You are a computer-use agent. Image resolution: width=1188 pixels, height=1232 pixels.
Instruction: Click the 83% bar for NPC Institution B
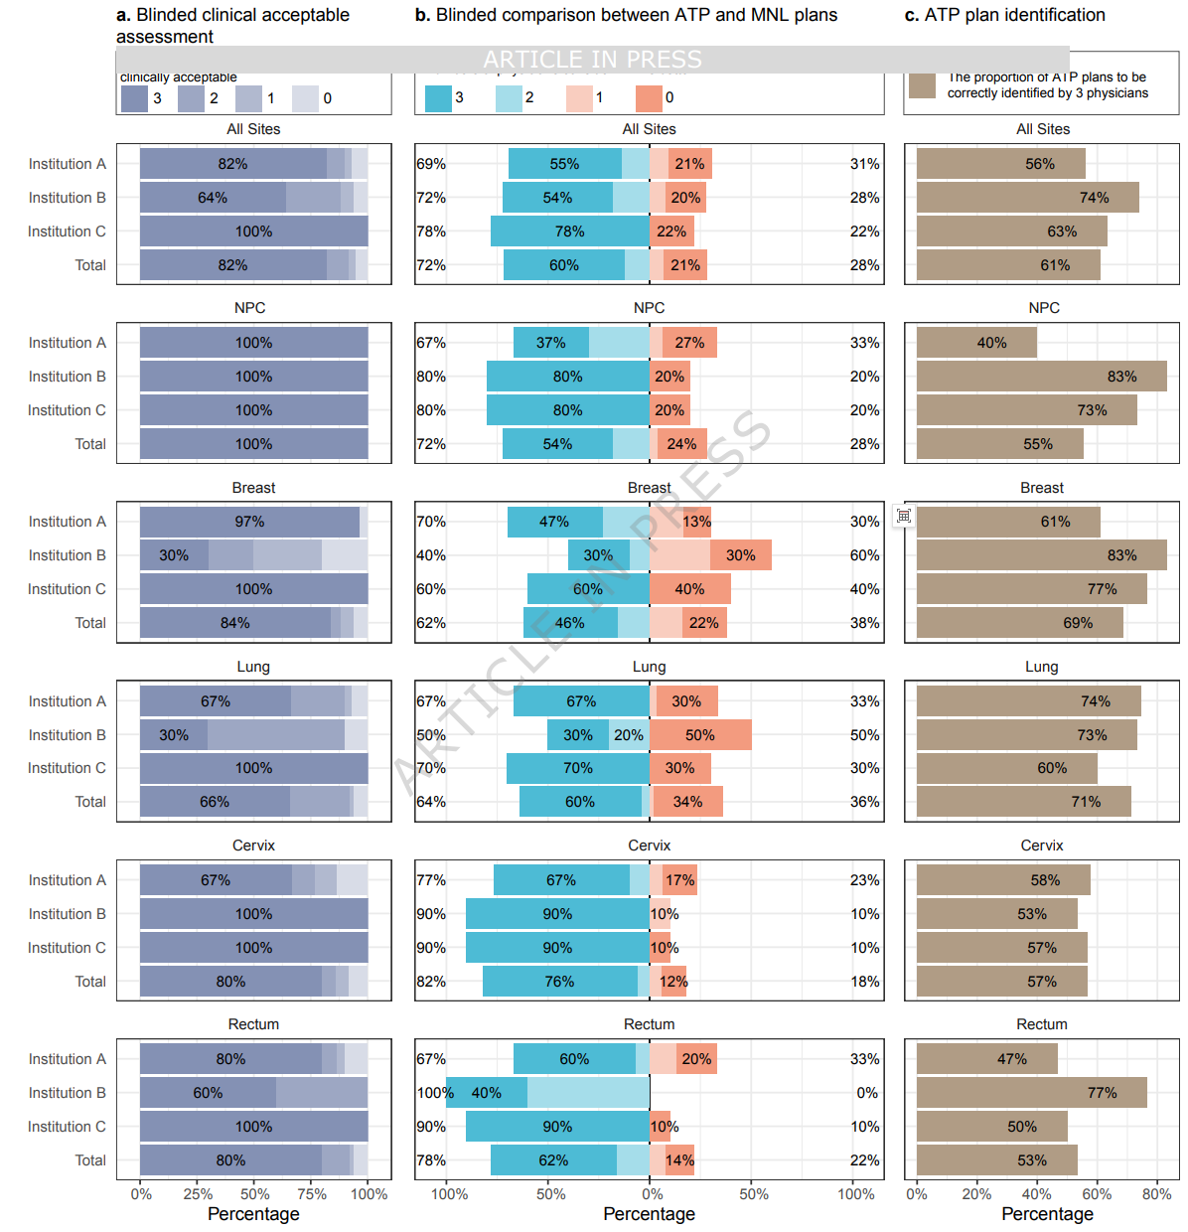pyautogui.click(x=1041, y=377)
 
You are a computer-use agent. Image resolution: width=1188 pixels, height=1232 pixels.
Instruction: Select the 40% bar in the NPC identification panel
pyautogui.click(x=976, y=343)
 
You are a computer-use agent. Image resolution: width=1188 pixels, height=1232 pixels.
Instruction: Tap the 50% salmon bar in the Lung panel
pyautogui.click(x=700, y=735)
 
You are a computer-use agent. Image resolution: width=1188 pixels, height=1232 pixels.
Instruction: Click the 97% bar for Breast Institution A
pyautogui.click(x=249, y=522)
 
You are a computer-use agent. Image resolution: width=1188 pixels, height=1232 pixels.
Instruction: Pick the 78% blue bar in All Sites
pyautogui.click(x=569, y=231)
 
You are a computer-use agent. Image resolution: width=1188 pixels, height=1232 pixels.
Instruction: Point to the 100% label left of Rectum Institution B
pyautogui.click(x=434, y=1093)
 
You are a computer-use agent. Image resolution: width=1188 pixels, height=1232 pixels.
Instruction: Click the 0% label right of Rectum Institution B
pyautogui.click(x=867, y=1093)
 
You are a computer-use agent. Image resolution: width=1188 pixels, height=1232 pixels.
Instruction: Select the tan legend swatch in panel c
pyautogui.click(x=922, y=85)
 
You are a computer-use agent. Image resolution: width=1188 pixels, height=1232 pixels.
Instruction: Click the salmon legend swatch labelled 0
pyautogui.click(x=649, y=98)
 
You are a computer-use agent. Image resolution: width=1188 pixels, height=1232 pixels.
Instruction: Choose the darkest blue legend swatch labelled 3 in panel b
pyautogui.click(x=438, y=98)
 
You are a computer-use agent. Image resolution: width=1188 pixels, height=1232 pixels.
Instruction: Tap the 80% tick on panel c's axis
pyautogui.click(x=1156, y=1194)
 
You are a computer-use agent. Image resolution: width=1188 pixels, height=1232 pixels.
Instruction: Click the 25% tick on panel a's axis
pyautogui.click(x=198, y=1194)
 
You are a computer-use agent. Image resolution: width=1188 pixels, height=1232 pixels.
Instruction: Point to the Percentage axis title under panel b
pyautogui.click(x=649, y=1214)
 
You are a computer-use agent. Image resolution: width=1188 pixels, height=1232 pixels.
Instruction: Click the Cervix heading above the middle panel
pyautogui.click(x=649, y=846)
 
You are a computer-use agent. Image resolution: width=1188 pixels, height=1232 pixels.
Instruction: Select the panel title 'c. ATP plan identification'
pyautogui.click(x=1004, y=15)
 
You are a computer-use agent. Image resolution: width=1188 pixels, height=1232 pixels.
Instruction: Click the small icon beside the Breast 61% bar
pyautogui.click(x=903, y=516)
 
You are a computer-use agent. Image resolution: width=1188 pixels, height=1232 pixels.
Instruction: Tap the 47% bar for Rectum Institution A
pyautogui.click(x=986, y=1059)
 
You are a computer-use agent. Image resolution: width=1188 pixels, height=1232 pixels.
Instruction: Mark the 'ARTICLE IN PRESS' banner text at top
pyautogui.click(x=592, y=60)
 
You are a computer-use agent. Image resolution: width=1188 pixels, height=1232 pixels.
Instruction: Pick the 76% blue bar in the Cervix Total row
pyautogui.click(x=559, y=982)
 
